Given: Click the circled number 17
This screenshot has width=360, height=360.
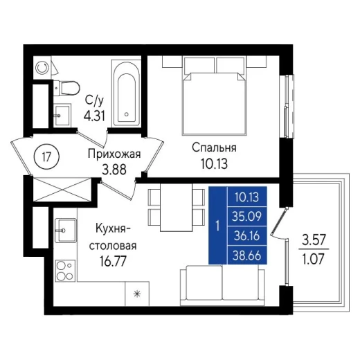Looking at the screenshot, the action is (x=46, y=157).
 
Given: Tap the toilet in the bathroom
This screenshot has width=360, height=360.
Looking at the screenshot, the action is (x=66, y=88).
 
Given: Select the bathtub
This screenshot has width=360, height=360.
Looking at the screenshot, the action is (x=126, y=93).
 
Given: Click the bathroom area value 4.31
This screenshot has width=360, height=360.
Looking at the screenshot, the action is (x=94, y=116).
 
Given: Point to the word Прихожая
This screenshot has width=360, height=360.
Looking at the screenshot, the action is (x=114, y=154).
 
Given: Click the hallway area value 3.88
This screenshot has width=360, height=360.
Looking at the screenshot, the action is (x=114, y=170).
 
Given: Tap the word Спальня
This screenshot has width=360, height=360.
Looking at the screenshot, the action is (x=214, y=147).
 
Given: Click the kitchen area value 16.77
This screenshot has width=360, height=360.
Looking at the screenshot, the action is (x=113, y=262).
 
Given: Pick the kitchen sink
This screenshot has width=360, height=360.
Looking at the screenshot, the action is (x=66, y=231).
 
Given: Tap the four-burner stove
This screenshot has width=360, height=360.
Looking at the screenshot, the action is (x=66, y=271).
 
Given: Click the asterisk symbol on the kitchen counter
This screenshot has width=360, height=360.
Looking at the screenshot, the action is (x=137, y=294).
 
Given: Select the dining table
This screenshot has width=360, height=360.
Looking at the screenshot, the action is (x=177, y=207).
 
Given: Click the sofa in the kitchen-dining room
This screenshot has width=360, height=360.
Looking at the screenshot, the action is (x=222, y=285).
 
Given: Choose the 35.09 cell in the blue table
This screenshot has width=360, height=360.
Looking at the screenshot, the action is (x=246, y=217).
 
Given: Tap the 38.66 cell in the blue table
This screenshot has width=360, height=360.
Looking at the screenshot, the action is (x=246, y=255).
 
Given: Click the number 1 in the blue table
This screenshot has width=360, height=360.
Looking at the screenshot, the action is (x=217, y=226).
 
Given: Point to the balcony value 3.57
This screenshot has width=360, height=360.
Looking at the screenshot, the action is (x=314, y=240).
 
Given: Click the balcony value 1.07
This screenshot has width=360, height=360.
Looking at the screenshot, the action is (x=314, y=259).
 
